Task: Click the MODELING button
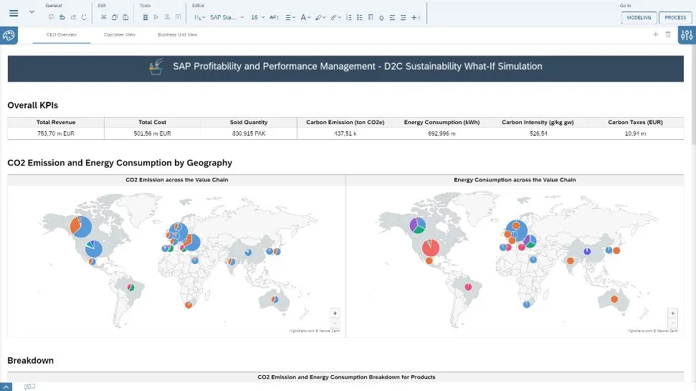coord(639,17)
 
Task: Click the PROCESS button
coord(675,17)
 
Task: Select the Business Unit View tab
coord(178,34)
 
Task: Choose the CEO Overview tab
coord(62,34)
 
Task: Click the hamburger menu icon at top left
coord(14,14)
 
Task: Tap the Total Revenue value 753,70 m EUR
coord(56,133)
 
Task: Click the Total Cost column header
coord(152,123)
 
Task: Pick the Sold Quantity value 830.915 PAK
coord(249,133)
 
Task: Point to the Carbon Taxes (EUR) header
coord(635,123)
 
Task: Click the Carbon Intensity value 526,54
coord(538,133)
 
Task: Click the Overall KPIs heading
coord(32,105)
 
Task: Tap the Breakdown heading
coord(30,360)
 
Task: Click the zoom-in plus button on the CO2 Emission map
coord(335,313)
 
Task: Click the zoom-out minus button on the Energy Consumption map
coord(672,323)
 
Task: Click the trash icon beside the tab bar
coord(668,34)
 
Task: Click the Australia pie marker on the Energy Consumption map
coord(614,298)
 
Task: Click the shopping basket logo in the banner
coord(155,67)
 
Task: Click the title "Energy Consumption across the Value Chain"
coord(515,180)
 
